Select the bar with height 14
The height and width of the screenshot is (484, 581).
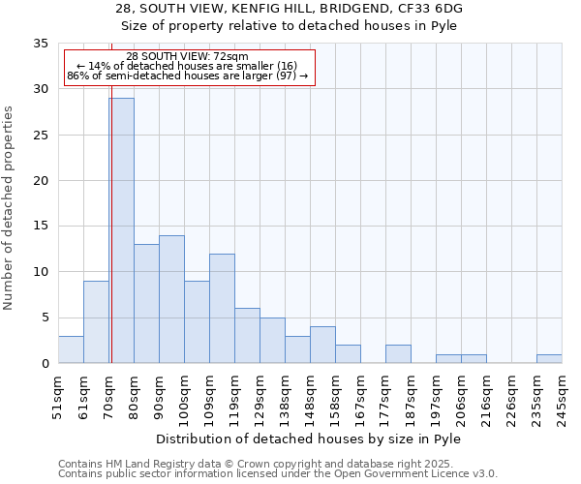tap(171, 299)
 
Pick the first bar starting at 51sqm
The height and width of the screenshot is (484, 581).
tap(71, 349)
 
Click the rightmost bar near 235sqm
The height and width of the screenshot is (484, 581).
tap(549, 358)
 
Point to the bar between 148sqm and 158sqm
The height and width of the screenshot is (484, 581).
tap(322, 345)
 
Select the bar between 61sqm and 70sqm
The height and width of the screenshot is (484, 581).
tap(96, 322)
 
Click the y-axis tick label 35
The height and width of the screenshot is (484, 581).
tap(41, 44)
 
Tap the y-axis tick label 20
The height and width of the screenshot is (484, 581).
tap(41, 181)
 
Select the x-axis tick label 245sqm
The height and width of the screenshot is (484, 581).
tap(562, 397)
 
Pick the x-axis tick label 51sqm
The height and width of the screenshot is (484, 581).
tap(58, 397)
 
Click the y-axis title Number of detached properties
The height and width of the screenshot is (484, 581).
tap(9, 208)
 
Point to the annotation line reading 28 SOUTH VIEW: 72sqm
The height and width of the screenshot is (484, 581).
tap(188, 56)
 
